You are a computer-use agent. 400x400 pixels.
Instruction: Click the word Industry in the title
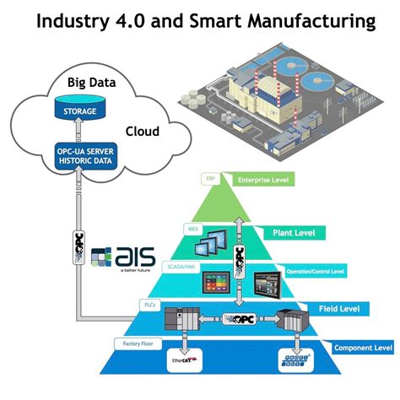coord(73,20)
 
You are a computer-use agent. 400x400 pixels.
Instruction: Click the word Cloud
coord(142,132)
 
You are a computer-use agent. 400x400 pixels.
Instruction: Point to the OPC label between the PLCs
coord(239,320)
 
